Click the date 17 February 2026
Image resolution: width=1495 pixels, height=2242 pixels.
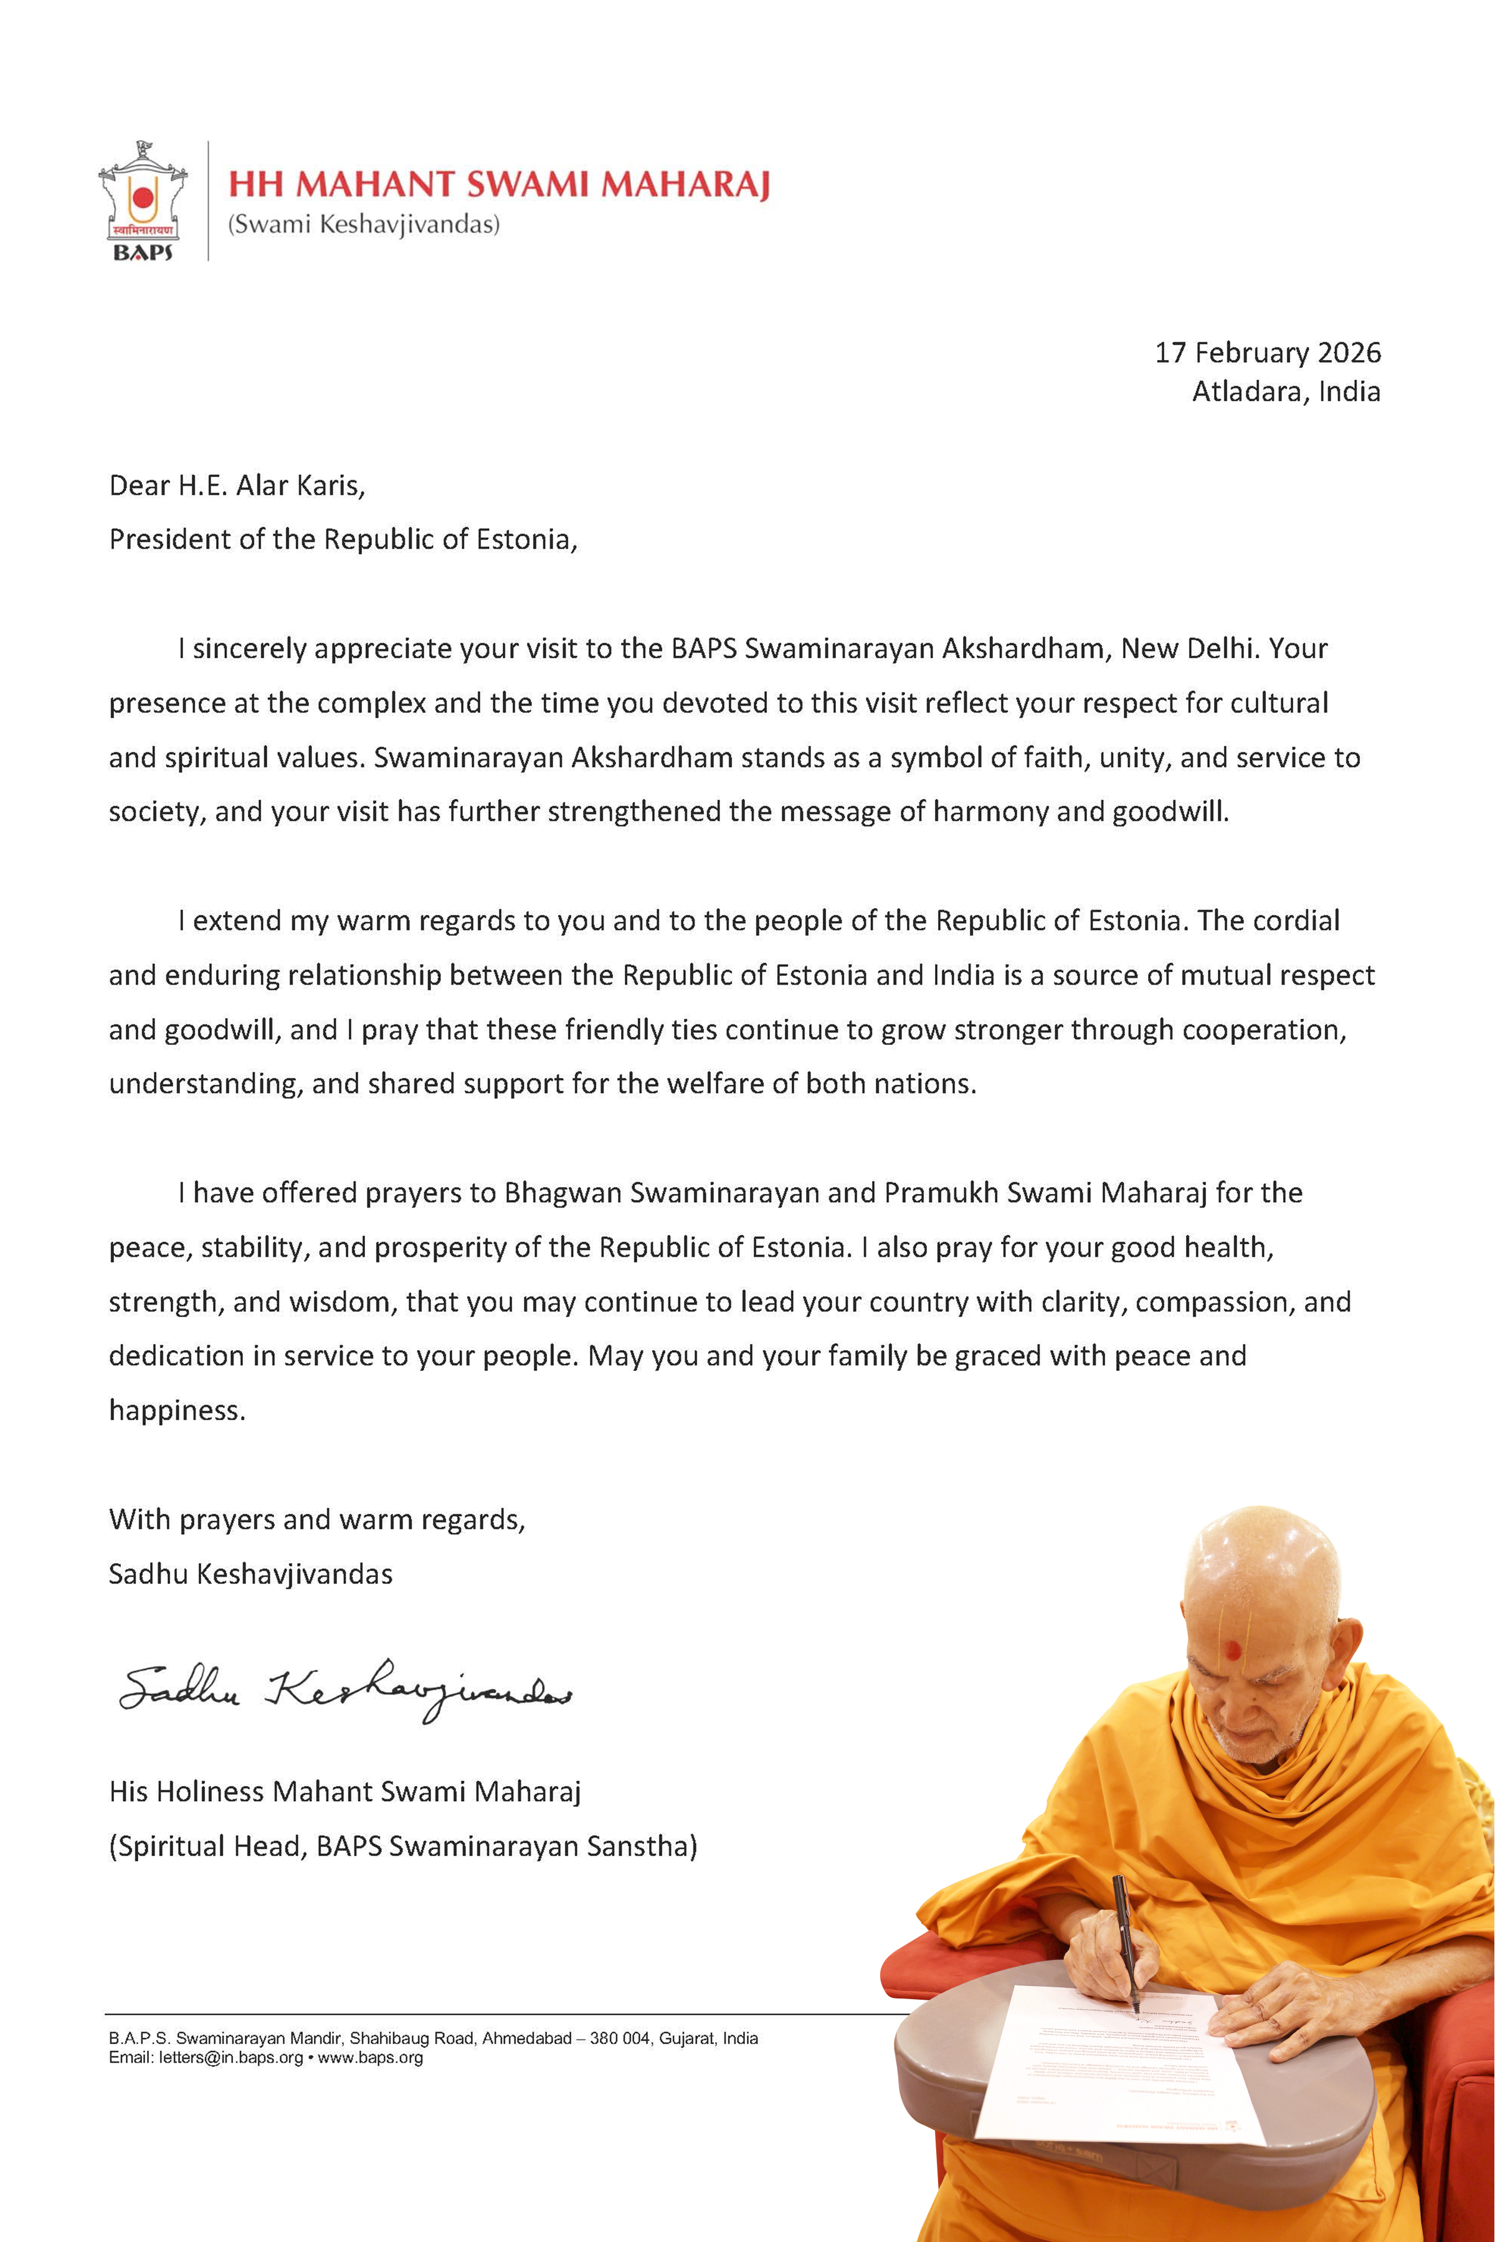1267,352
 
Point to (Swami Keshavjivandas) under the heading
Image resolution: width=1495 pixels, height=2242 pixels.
363,225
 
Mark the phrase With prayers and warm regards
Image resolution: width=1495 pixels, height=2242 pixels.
316,1520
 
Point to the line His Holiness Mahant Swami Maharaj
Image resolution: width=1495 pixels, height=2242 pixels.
344,1792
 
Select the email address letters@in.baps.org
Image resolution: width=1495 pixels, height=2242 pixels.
230,2058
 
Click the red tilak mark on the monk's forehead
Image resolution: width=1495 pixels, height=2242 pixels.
1233,1650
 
